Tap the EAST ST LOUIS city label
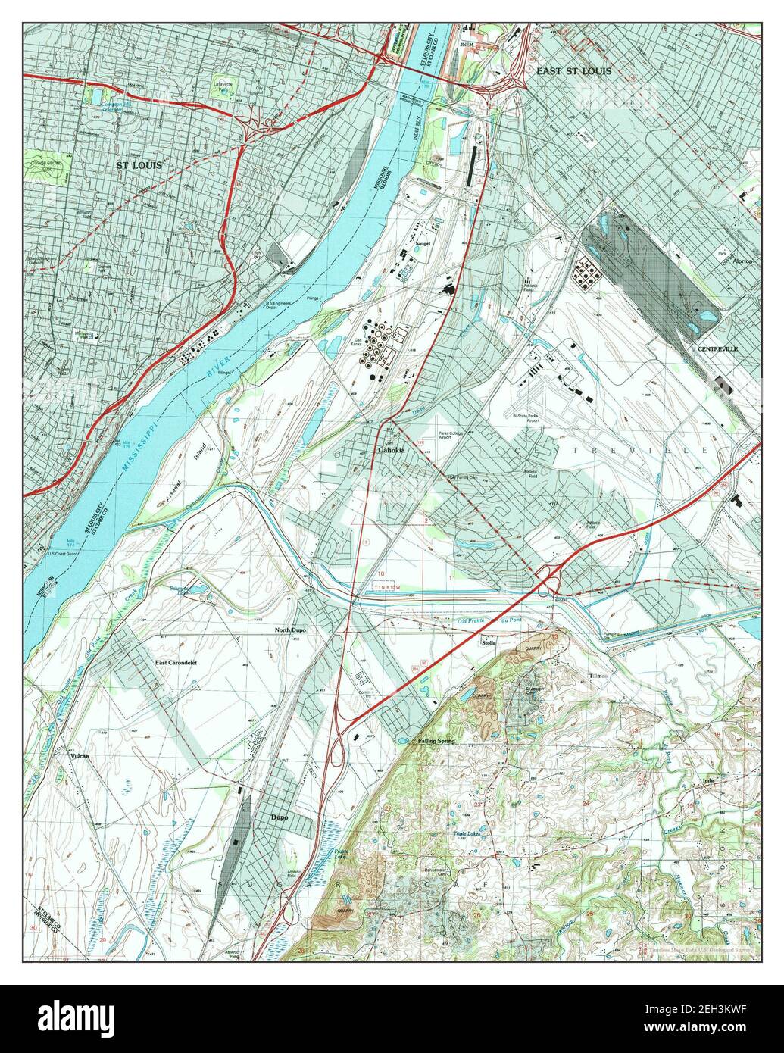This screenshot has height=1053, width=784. coord(573,71)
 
